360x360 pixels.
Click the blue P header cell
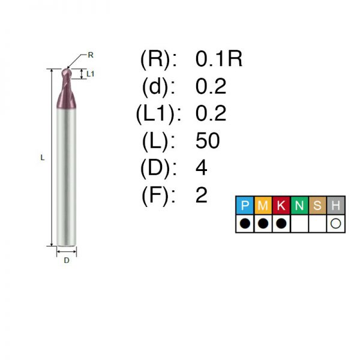[245, 205]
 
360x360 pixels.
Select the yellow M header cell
[263, 205]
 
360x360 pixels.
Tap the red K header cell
[281, 205]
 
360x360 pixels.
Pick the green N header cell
[299, 205]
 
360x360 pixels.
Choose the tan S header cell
[317, 205]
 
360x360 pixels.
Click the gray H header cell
[335, 205]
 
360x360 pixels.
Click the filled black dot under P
[245, 223]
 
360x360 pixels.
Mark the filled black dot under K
[281, 223]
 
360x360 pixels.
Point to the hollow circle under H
[335, 223]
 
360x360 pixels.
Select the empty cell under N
[299, 224]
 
